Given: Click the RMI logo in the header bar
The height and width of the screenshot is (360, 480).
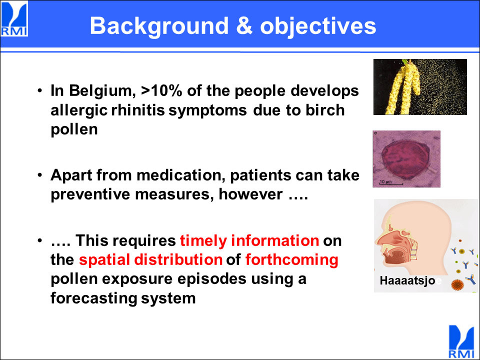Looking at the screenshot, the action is tap(14, 19).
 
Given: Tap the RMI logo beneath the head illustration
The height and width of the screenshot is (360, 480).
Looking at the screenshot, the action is tap(462, 341).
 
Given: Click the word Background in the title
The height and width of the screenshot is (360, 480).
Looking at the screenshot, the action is tap(159, 26).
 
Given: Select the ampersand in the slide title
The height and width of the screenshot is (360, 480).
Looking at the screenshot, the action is tap(244, 25).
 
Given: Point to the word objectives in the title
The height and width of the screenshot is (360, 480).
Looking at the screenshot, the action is tap(318, 26).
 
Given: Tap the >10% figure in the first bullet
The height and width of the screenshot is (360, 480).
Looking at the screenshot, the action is tap(161, 90).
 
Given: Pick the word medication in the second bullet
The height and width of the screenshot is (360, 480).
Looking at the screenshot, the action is tap(179, 175).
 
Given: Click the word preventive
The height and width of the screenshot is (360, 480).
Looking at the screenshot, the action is tap(90, 194).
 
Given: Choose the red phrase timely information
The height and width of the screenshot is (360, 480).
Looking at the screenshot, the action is tap(249, 240).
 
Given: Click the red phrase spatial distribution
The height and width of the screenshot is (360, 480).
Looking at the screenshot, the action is tap(150, 260).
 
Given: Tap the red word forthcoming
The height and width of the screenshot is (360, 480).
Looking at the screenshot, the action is tap(291, 260).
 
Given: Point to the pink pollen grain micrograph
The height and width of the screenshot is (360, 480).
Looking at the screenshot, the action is tap(406, 159).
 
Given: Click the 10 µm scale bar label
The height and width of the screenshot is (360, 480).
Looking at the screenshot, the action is tap(385, 182).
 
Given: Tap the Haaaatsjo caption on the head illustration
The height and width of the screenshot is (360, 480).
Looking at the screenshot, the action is tap(407, 280).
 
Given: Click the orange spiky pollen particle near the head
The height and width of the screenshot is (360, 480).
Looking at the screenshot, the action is tap(457, 285).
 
